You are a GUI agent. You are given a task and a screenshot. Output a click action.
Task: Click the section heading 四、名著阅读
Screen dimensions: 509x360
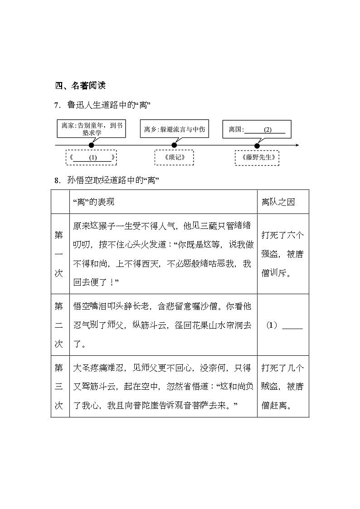[x=80, y=86]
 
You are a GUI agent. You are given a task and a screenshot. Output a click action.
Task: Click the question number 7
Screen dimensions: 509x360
[x=57, y=106]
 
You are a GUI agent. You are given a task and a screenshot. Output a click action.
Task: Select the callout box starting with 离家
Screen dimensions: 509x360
[x=92, y=129]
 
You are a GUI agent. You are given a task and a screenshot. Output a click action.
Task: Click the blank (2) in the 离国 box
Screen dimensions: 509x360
[x=268, y=130]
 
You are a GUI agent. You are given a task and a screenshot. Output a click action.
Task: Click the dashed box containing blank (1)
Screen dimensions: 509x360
[x=91, y=158]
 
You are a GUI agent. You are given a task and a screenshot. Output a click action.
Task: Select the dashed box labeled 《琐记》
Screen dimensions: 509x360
[x=175, y=158]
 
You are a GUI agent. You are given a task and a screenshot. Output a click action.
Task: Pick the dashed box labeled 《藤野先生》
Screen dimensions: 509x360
[x=258, y=158]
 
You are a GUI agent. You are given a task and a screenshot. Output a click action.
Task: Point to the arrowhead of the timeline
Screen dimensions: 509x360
[x=297, y=145]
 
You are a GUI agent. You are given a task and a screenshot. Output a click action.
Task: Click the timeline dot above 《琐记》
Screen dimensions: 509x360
[x=175, y=145]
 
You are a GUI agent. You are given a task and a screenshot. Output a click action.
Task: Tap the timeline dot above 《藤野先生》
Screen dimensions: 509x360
[x=257, y=145]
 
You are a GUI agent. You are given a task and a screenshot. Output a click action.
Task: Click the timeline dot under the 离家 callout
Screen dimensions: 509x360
[x=92, y=145]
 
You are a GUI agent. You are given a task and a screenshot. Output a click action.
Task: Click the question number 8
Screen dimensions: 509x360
[x=57, y=180]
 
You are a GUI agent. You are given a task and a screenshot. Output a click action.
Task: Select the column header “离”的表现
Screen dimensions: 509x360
[x=94, y=202]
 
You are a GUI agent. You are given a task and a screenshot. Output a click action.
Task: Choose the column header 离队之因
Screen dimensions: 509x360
[x=278, y=202]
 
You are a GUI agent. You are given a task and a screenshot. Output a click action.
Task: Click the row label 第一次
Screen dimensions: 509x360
[x=59, y=254]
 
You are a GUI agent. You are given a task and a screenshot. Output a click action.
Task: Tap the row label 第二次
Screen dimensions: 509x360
[x=59, y=325]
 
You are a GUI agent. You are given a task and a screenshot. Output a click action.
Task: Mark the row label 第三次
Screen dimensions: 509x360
[x=59, y=386]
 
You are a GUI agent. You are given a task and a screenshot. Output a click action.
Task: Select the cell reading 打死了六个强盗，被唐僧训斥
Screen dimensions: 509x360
[x=283, y=254]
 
